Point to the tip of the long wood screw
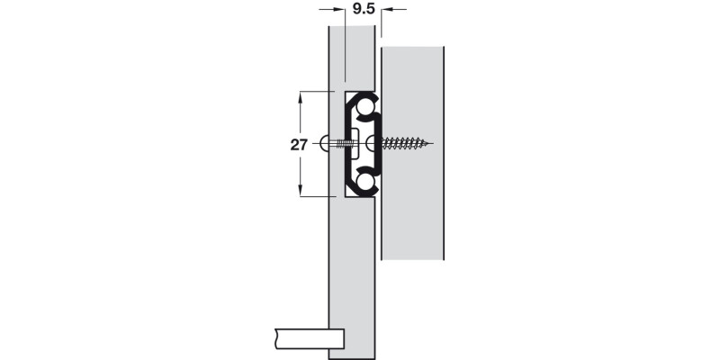[x=432, y=143]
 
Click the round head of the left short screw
[x=326, y=143]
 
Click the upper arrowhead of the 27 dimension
[x=301, y=94]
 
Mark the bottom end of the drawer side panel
[x=351, y=355]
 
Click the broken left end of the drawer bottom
[x=271, y=339]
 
